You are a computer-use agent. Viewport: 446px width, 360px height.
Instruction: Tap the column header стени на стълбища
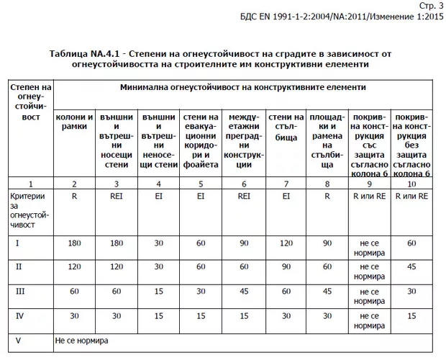(x=286, y=127)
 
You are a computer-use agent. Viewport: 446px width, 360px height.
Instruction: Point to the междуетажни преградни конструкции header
(x=243, y=137)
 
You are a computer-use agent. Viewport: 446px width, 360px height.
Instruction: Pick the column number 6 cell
(x=243, y=184)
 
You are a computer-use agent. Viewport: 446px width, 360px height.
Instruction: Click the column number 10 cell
(x=412, y=184)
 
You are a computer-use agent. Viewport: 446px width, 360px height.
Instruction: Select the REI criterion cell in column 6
(x=243, y=196)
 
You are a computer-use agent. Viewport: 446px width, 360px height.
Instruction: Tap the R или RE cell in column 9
(x=370, y=196)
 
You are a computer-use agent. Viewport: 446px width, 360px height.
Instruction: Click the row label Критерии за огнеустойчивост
(x=29, y=210)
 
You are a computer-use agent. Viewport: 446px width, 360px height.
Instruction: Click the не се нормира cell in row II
(x=370, y=271)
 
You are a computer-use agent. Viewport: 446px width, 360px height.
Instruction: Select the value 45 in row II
(x=412, y=267)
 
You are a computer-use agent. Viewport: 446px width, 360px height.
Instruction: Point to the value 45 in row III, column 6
(x=243, y=291)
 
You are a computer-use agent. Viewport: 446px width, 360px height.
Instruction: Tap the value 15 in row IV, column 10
(x=412, y=315)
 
